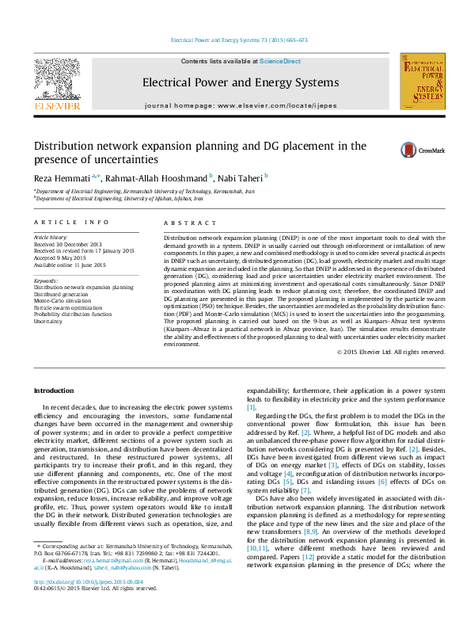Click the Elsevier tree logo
[x=56, y=80]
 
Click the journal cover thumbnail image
[x=420, y=82]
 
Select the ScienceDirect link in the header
[x=279, y=61]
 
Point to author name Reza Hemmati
[x=63, y=177]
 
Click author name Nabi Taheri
[x=240, y=177]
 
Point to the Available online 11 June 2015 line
[x=70, y=265]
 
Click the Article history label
[x=51, y=237]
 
